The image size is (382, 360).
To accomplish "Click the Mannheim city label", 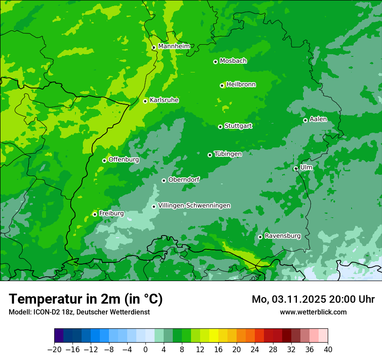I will click(174, 46).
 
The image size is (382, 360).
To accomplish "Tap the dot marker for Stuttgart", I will click(220, 127).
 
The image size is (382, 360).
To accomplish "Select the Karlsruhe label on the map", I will click(164, 100).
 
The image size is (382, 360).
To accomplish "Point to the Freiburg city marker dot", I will click(95, 214).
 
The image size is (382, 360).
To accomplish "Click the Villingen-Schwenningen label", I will click(194, 206).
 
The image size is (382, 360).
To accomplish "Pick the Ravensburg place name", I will click(283, 236).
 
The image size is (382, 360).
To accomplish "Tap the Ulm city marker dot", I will click(296, 168).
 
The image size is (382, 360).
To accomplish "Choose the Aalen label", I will click(318, 119).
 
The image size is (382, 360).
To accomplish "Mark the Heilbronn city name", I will click(241, 85).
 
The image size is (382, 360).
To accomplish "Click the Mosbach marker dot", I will click(215, 62).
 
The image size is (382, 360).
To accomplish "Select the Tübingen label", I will click(228, 154).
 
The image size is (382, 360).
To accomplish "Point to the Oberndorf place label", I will click(184, 180).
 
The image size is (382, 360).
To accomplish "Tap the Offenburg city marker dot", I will click(104, 160).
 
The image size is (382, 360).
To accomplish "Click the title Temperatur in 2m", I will click(86, 299).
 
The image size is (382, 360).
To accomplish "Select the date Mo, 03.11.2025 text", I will click(291, 299).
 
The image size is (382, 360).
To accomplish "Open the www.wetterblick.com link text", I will click(313, 312).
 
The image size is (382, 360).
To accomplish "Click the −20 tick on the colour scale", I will click(54, 350).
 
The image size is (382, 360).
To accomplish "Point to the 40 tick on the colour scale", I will click(328, 350).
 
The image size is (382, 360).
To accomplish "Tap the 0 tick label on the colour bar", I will click(145, 350).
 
